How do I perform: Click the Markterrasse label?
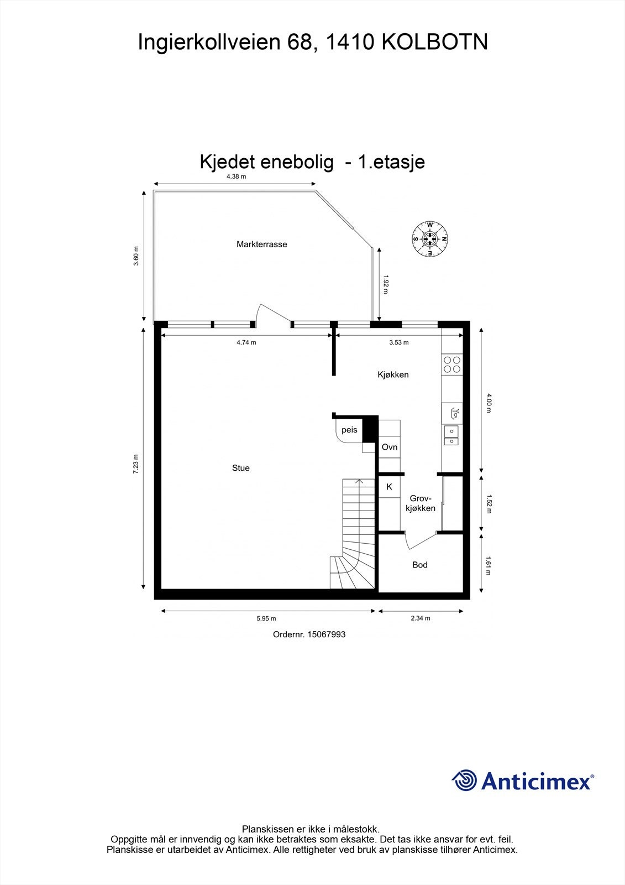pos(261,244)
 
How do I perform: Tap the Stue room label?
pos(241,468)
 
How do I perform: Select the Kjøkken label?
pos(393,374)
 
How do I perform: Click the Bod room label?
pos(420,565)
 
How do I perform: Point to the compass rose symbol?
pos(430,239)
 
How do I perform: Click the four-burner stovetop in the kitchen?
pos(451,364)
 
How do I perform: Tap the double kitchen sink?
pos(451,436)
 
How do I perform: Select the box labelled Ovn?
pos(390,447)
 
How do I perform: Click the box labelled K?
pos(389,487)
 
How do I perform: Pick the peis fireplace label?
pos(349,430)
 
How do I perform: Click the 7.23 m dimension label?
pos(136,464)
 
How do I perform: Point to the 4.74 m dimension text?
pos(246,342)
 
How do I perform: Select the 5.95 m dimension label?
pos(266,618)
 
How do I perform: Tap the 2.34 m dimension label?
pos(421,618)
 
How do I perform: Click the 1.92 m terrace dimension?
pos(386,284)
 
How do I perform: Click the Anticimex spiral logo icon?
pos(464,780)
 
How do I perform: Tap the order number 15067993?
pos(326,634)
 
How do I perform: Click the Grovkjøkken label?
pos(421,503)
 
